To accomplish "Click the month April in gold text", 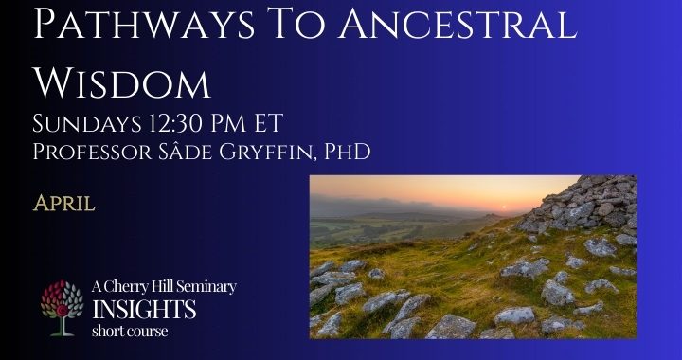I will coord(63,202).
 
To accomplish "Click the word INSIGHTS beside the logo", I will coord(144,309).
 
